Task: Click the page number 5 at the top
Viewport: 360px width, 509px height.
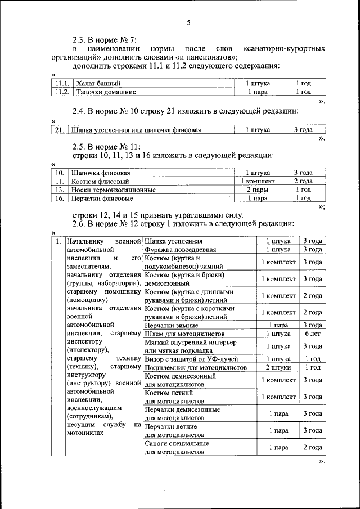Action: [x=188, y=22]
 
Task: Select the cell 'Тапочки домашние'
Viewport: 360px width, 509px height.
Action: [x=106, y=92]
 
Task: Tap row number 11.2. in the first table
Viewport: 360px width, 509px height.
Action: [x=62, y=92]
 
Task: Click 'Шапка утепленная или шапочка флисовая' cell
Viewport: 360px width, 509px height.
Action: [x=136, y=130]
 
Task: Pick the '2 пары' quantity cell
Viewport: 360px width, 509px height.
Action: [x=258, y=190]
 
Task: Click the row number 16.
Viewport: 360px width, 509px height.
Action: [x=59, y=199]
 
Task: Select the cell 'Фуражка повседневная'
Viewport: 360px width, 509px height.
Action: [x=180, y=249]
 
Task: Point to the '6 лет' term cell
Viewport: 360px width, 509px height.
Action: [x=312, y=334]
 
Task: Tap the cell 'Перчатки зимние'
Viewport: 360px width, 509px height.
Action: [x=171, y=325]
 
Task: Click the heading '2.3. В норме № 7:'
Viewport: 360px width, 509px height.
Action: [x=105, y=40]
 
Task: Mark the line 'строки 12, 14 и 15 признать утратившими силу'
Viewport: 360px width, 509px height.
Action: [x=158, y=215]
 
